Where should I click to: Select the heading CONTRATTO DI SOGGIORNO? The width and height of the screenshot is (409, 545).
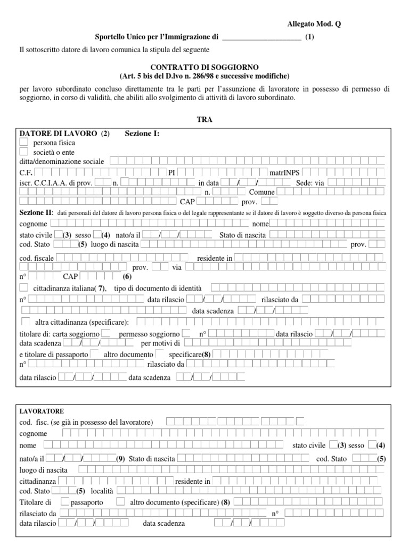coord(204,67)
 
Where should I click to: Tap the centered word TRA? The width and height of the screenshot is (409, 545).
coord(204,120)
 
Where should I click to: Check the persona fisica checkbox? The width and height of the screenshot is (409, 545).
coord(23,143)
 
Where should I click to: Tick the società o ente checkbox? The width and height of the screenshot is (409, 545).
coord(23,152)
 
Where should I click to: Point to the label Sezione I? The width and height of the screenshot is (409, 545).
coord(142,134)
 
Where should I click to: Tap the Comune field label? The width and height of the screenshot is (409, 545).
coord(261,192)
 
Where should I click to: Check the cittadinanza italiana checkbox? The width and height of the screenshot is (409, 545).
coord(23,288)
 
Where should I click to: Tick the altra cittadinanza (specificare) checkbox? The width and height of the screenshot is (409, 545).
coord(26,321)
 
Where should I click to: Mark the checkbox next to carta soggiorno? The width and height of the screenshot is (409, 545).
coord(106,334)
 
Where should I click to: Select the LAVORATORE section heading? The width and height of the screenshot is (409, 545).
coord(42,411)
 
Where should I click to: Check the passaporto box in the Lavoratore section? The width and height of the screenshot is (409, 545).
coord(66,501)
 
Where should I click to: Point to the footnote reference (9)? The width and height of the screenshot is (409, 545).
coord(121,459)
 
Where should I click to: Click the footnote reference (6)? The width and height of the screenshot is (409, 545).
coord(127,277)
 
